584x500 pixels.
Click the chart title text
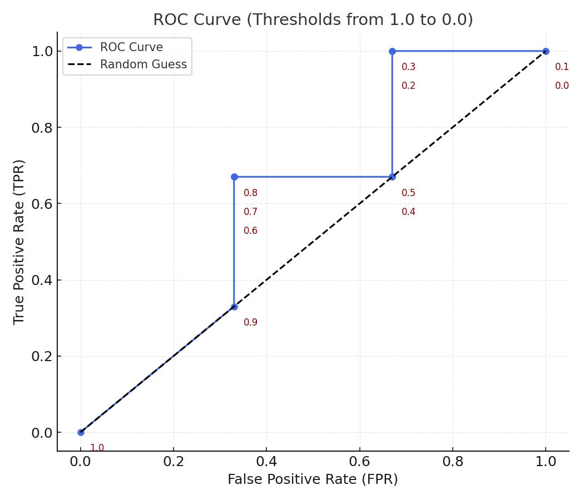tap(313, 20)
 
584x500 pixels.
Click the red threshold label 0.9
tap(250, 322)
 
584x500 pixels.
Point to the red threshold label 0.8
tap(250, 193)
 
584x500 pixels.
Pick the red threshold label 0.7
tap(250, 212)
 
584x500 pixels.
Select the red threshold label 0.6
tap(250, 231)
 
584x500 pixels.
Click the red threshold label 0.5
tap(408, 193)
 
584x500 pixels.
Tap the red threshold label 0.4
tap(408, 212)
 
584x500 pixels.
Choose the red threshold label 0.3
tap(408, 67)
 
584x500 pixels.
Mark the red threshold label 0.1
tap(562, 67)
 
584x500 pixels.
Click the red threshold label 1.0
tap(97, 448)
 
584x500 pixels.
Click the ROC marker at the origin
tap(81, 432)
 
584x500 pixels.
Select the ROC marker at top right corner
tap(546, 51)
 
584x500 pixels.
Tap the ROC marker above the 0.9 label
tap(234, 307)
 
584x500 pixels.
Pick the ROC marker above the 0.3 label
tap(392, 51)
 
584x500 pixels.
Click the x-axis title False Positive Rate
tap(313, 479)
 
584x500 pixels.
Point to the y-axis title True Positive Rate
tap(19, 242)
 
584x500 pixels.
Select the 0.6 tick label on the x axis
tap(359, 462)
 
